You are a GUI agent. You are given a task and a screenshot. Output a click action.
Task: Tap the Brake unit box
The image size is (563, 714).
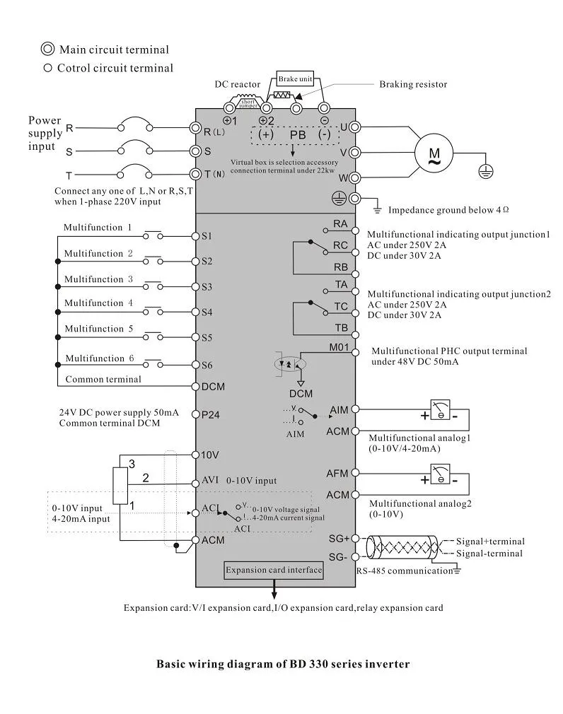[x=295, y=79]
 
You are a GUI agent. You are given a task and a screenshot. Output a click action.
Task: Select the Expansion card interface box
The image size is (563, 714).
[x=274, y=570]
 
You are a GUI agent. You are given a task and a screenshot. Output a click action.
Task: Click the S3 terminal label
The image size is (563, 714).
[x=207, y=287]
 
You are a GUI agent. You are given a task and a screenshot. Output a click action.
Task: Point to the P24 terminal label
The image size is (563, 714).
[x=210, y=415]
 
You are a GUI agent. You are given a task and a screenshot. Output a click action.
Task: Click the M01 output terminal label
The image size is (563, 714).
[x=340, y=347]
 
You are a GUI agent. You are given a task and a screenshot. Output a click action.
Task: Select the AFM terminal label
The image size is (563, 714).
[x=337, y=474]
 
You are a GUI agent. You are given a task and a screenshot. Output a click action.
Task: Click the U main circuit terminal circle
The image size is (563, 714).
[x=355, y=127]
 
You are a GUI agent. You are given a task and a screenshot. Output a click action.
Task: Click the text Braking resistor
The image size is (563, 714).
[x=413, y=84]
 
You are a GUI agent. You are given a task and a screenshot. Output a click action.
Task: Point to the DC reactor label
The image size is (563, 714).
[x=238, y=84]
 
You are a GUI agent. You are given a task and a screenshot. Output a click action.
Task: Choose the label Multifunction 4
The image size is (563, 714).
[x=98, y=303]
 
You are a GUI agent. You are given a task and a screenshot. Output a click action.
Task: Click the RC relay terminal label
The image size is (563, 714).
[x=340, y=245]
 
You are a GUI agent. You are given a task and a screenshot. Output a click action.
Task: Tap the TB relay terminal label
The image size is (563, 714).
[x=341, y=328]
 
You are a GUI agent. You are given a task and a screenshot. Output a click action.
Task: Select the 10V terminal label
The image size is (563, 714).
[x=210, y=455]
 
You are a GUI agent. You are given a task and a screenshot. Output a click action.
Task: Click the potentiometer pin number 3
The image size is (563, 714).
[x=132, y=463]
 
